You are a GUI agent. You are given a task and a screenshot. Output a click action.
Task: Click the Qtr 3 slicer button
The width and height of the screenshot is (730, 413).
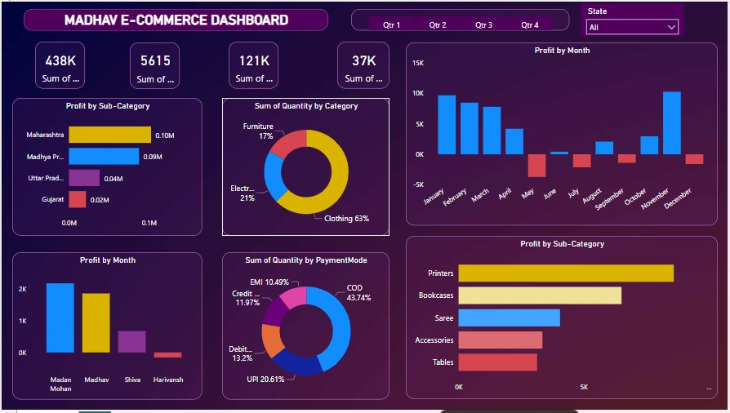pyautogui.click(x=483, y=25)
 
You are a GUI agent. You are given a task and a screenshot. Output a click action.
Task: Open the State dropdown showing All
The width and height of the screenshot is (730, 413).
pyautogui.click(x=633, y=27)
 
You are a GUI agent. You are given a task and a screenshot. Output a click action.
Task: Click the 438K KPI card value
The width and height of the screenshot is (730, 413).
pyautogui.click(x=60, y=60)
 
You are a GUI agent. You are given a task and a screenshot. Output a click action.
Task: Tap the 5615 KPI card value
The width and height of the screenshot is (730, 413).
pyautogui.click(x=154, y=60)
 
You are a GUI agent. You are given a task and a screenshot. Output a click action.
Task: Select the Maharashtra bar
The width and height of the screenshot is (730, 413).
pyautogui.click(x=109, y=135)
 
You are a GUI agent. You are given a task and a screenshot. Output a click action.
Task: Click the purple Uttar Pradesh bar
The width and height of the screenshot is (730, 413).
pyautogui.click(x=84, y=178)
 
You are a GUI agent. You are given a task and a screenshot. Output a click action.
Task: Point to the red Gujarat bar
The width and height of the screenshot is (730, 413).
pyautogui.click(x=77, y=199)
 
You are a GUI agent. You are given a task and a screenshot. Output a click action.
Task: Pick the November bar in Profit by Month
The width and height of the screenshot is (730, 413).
pyautogui.click(x=671, y=122)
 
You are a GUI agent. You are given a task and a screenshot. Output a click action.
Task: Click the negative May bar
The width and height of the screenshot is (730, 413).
pyautogui.click(x=536, y=165)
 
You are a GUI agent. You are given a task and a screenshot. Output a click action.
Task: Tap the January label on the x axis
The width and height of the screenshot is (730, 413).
pyautogui.click(x=434, y=197)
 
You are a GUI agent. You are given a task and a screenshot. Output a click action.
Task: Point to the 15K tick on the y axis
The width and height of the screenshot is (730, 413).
pyautogui.click(x=417, y=63)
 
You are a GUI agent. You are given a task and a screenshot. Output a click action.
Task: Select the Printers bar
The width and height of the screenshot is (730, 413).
pyautogui.click(x=565, y=273)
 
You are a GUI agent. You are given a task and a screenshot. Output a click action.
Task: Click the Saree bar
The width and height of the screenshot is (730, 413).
pyautogui.click(x=509, y=318)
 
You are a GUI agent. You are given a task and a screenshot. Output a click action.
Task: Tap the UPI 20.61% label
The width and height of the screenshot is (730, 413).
pyautogui.click(x=266, y=380)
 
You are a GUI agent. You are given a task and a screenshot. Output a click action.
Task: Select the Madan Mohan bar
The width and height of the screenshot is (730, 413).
pyautogui.click(x=60, y=318)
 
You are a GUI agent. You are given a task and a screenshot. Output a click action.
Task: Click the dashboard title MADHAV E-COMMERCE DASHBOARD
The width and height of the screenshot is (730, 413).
pyautogui.click(x=176, y=20)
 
